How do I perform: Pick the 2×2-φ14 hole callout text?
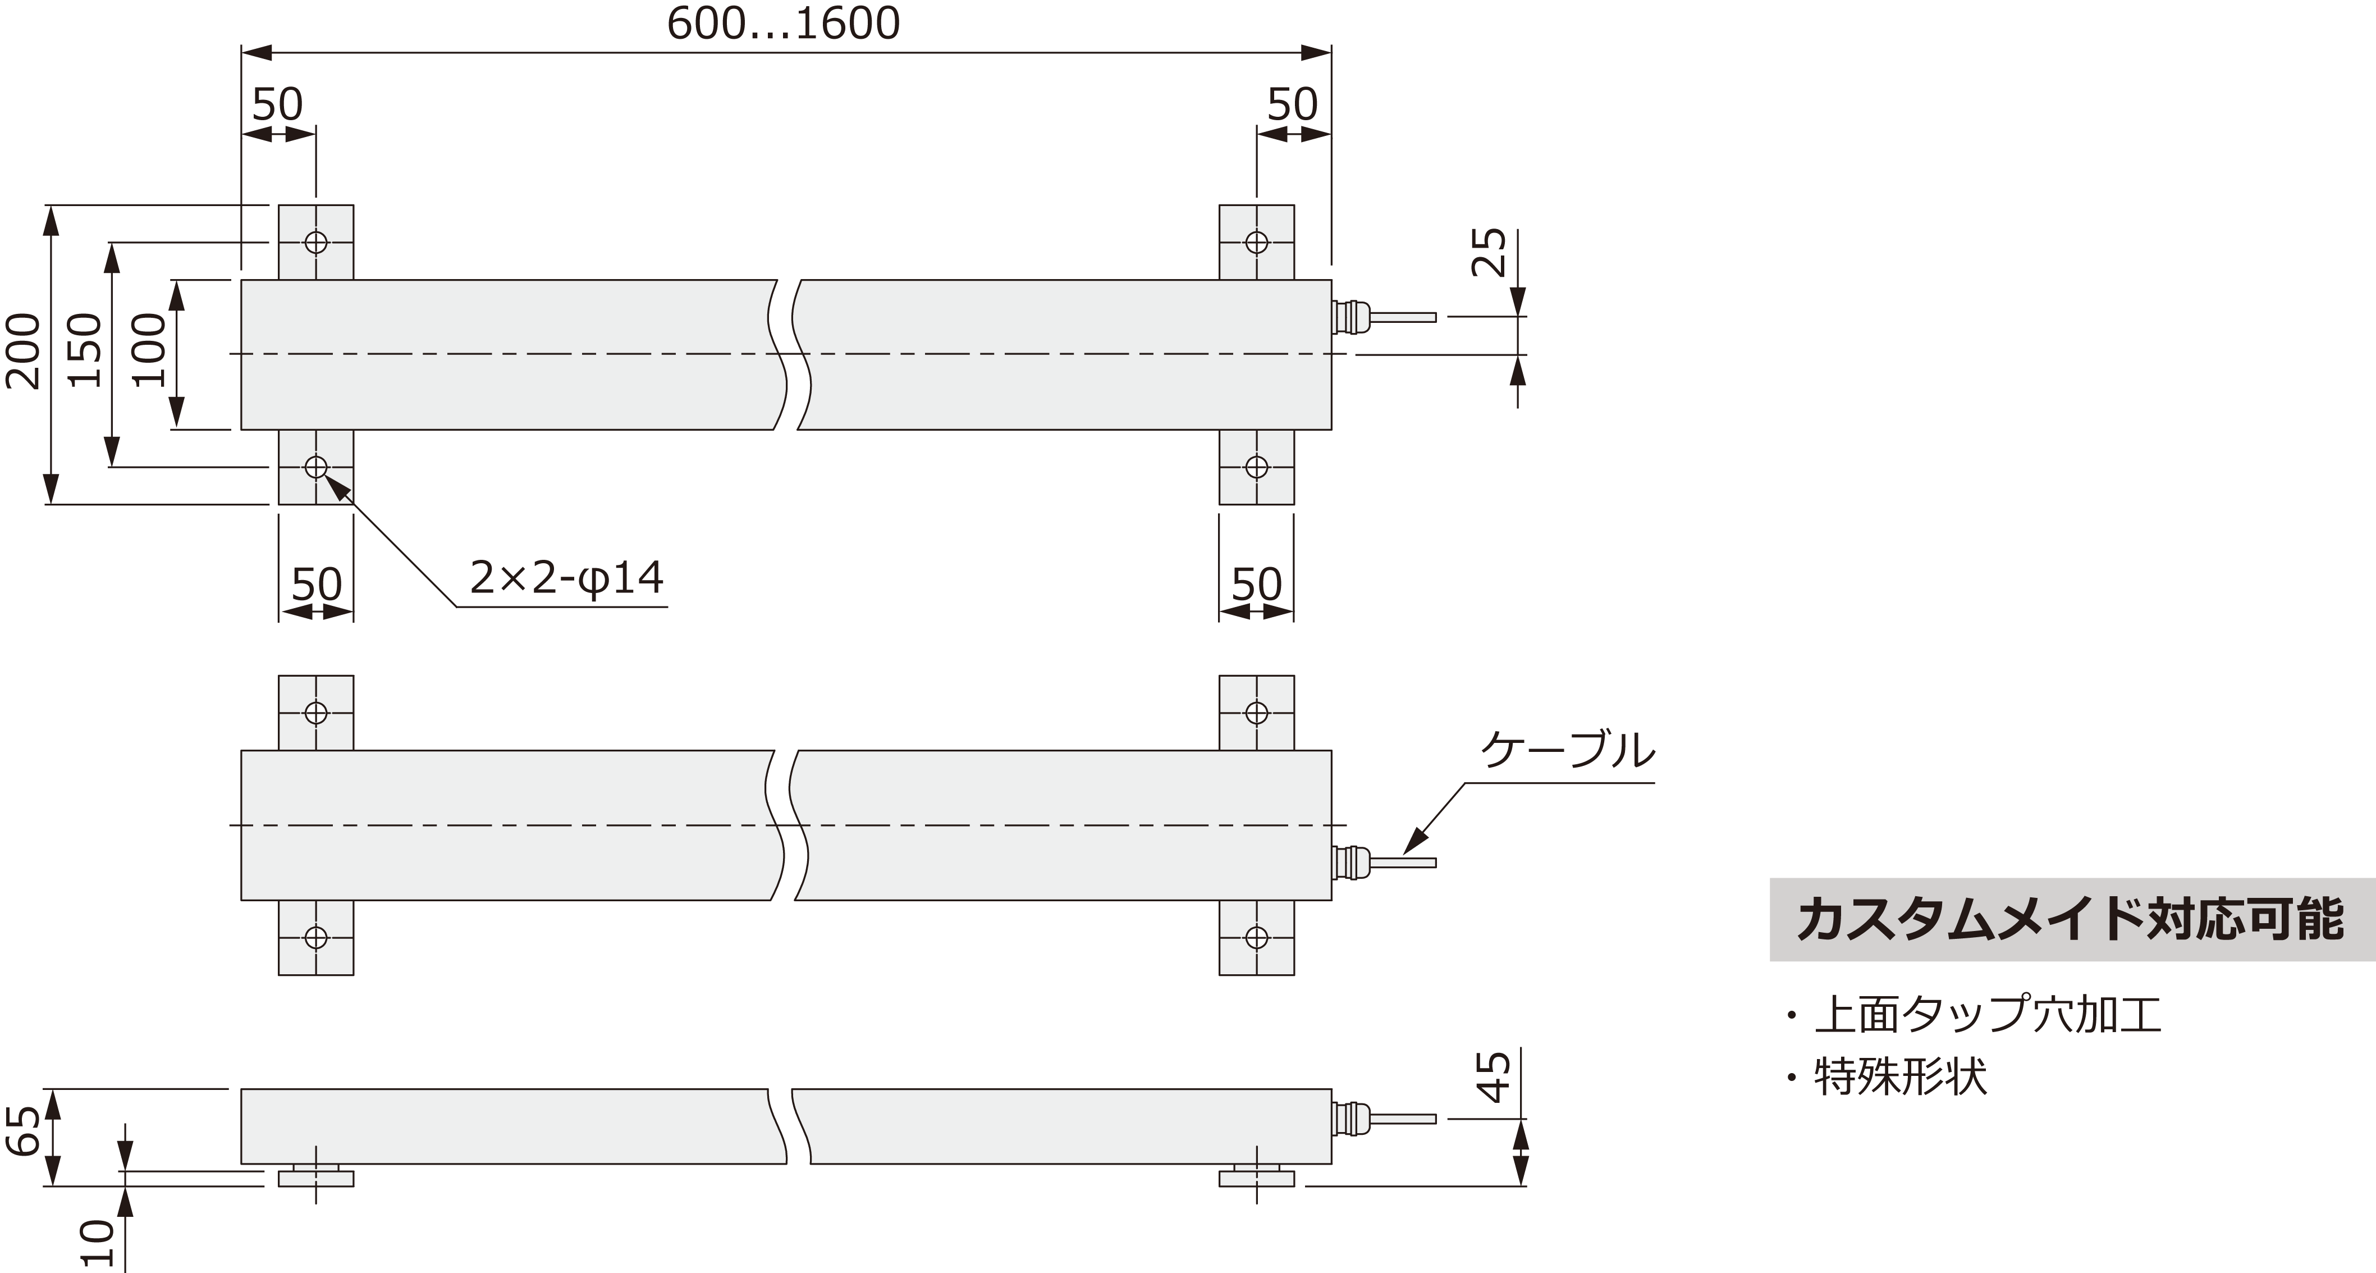[566, 578]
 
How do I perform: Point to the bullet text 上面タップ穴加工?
[1988, 1015]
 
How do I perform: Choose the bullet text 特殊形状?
[1900, 1076]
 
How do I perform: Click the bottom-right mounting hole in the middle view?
[1256, 937]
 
